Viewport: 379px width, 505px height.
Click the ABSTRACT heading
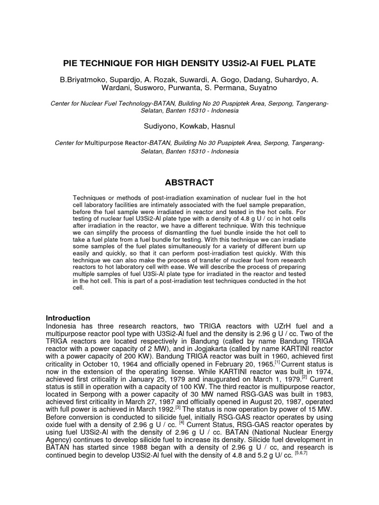coord(189,182)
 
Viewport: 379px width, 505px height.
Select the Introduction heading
coord(68,318)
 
